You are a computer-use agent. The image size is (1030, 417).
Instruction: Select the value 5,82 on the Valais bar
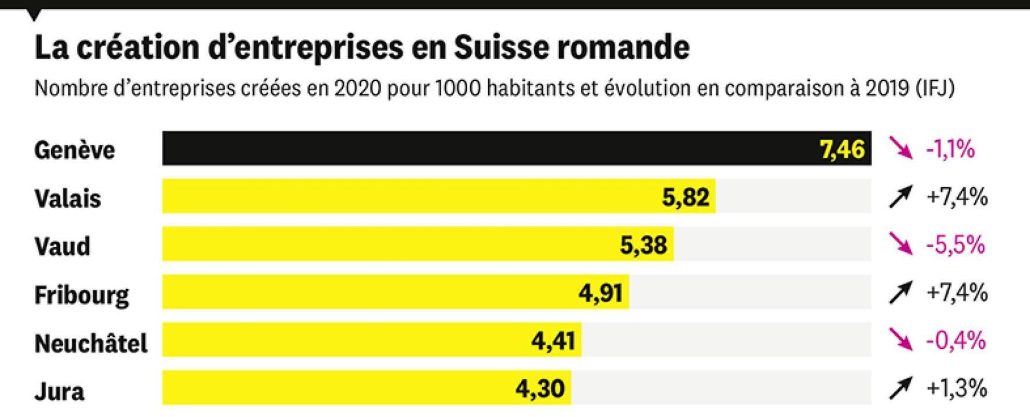coord(686,198)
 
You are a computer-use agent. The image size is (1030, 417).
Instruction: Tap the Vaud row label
coord(62,246)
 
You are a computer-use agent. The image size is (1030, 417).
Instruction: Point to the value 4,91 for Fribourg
coord(600,293)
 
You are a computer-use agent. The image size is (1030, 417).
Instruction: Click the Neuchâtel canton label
coord(91,343)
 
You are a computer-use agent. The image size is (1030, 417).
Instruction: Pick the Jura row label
coord(59,391)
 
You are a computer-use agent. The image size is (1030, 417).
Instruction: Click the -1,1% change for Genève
coord(950,150)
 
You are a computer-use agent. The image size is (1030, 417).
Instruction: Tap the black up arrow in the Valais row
coord(900,198)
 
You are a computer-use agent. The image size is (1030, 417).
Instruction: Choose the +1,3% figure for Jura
coord(957,388)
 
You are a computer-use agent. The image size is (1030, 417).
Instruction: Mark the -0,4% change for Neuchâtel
coord(956,340)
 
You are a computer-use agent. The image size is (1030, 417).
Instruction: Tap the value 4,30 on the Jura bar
coord(539,388)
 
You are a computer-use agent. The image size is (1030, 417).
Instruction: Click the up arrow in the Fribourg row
coord(900,293)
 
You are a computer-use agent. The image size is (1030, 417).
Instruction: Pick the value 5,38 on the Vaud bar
coord(643,245)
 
